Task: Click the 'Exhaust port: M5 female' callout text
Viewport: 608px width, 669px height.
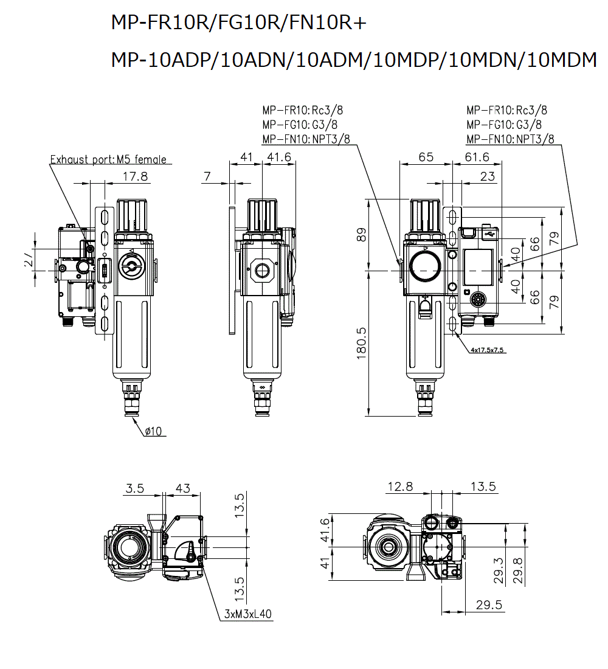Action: click(108, 160)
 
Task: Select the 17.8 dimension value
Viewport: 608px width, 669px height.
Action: click(135, 176)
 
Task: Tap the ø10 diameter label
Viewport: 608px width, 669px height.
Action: click(153, 431)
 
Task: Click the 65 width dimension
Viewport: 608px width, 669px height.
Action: click(426, 157)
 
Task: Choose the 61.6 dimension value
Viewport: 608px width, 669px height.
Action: click(477, 157)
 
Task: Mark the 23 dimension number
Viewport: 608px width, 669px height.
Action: click(487, 176)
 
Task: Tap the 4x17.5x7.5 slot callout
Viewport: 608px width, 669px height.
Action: click(488, 351)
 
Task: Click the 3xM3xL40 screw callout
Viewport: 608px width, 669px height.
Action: click(248, 615)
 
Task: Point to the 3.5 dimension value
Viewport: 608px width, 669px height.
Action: click(135, 488)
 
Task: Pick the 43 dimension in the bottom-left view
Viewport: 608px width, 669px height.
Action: click(182, 488)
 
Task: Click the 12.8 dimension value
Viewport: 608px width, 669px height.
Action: click(400, 487)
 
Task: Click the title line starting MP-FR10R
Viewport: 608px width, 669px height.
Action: click(239, 23)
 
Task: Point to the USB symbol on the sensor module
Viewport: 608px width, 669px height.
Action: click(490, 231)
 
